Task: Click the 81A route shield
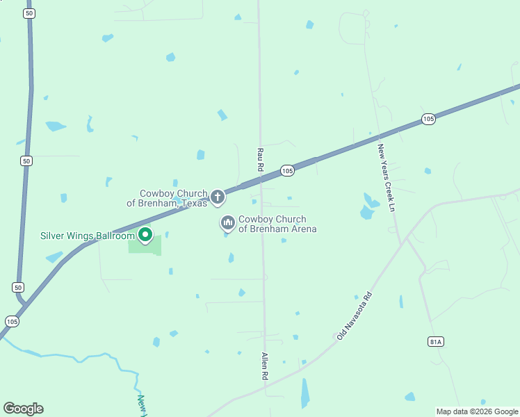[435, 341]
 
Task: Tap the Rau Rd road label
[260, 159]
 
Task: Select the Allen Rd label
[264, 365]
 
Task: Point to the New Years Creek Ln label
[387, 178]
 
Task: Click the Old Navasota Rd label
[355, 315]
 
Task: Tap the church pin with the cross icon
[218, 197]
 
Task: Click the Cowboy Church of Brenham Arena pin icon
[227, 223]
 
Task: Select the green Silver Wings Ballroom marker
[145, 235]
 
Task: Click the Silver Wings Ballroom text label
[86, 236]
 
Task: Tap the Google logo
[23, 409]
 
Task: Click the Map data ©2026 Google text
[477, 411]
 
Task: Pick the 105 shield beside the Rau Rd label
[288, 170]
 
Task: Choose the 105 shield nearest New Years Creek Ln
[428, 120]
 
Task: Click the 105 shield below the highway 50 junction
[12, 321]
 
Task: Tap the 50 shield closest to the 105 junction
[18, 287]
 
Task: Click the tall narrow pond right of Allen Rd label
[304, 393]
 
